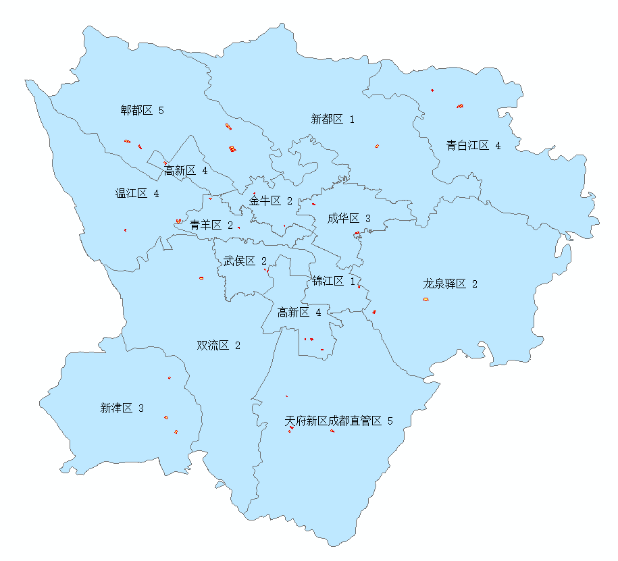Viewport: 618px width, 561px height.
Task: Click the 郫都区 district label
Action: pyautogui.click(x=137, y=110)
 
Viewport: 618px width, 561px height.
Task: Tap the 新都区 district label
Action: pyautogui.click(x=327, y=119)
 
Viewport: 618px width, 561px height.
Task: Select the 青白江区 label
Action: pyautogui.click(x=467, y=145)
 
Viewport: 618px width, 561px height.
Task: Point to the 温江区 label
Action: pyautogui.click(x=132, y=194)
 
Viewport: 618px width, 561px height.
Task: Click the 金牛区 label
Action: pyautogui.click(x=265, y=201)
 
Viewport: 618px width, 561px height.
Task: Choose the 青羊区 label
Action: pyautogui.click(x=205, y=225)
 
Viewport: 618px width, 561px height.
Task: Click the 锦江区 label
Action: pyautogui.click(x=328, y=281)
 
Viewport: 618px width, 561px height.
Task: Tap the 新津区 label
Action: pyautogui.click(x=116, y=408)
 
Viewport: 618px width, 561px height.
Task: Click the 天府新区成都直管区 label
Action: pyautogui.click(x=334, y=421)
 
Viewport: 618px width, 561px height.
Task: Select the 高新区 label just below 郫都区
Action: pyautogui.click(x=180, y=171)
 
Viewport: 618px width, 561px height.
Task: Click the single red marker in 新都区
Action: pyautogui.click(x=377, y=146)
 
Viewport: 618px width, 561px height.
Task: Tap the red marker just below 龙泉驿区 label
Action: pyautogui.click(x=426, y=299)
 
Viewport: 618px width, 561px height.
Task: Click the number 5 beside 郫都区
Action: pyautogui.click(x=161, y=110)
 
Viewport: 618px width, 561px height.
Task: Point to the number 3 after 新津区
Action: pyautogui.click(x=140, y=408)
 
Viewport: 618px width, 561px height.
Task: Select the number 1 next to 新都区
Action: pyautogui.click(x=351, y=119)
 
